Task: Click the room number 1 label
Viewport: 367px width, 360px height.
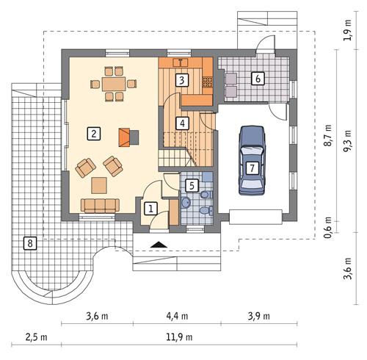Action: (150, 209)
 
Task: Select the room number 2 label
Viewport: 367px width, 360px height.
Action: (93, 133)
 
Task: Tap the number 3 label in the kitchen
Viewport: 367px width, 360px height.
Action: (181, 80)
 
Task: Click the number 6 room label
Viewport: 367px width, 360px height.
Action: (258, 78)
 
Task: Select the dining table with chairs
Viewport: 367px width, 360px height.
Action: (114, 84)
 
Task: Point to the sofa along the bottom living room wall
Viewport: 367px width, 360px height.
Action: (97, 205)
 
